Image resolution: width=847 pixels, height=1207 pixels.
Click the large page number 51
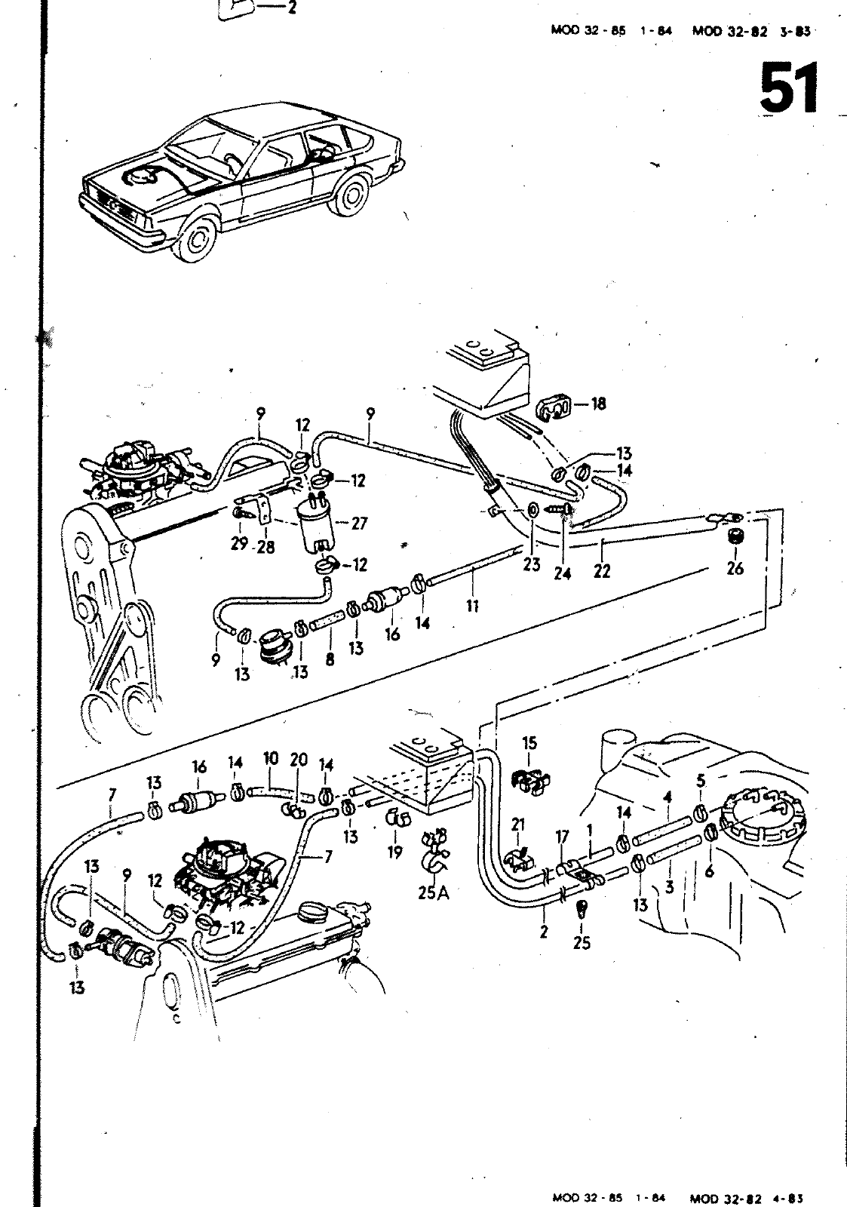click(x=789, y=88)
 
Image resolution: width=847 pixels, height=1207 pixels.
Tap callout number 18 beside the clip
click(x=598, y=404)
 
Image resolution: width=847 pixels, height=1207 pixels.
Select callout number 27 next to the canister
click(x=359, y=524)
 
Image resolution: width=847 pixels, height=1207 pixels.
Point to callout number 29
click(x=240, y=544)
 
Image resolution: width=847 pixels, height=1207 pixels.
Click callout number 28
click(x=265, y=545)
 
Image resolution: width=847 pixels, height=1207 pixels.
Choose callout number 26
click(x=735, y=567)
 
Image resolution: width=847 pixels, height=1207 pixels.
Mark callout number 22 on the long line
click(x=601, y=570)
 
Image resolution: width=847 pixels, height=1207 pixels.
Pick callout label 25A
click(x=433, y=893)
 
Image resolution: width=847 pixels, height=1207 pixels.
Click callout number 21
click(x=518, y=825)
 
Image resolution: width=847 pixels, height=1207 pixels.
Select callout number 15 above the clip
click(x=529, y=743)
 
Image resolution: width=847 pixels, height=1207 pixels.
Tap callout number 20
click(x=299, y=760)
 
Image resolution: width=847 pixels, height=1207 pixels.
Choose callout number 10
click(x=272, y=757)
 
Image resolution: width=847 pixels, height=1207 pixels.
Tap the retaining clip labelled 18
click(x=555, y=408)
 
